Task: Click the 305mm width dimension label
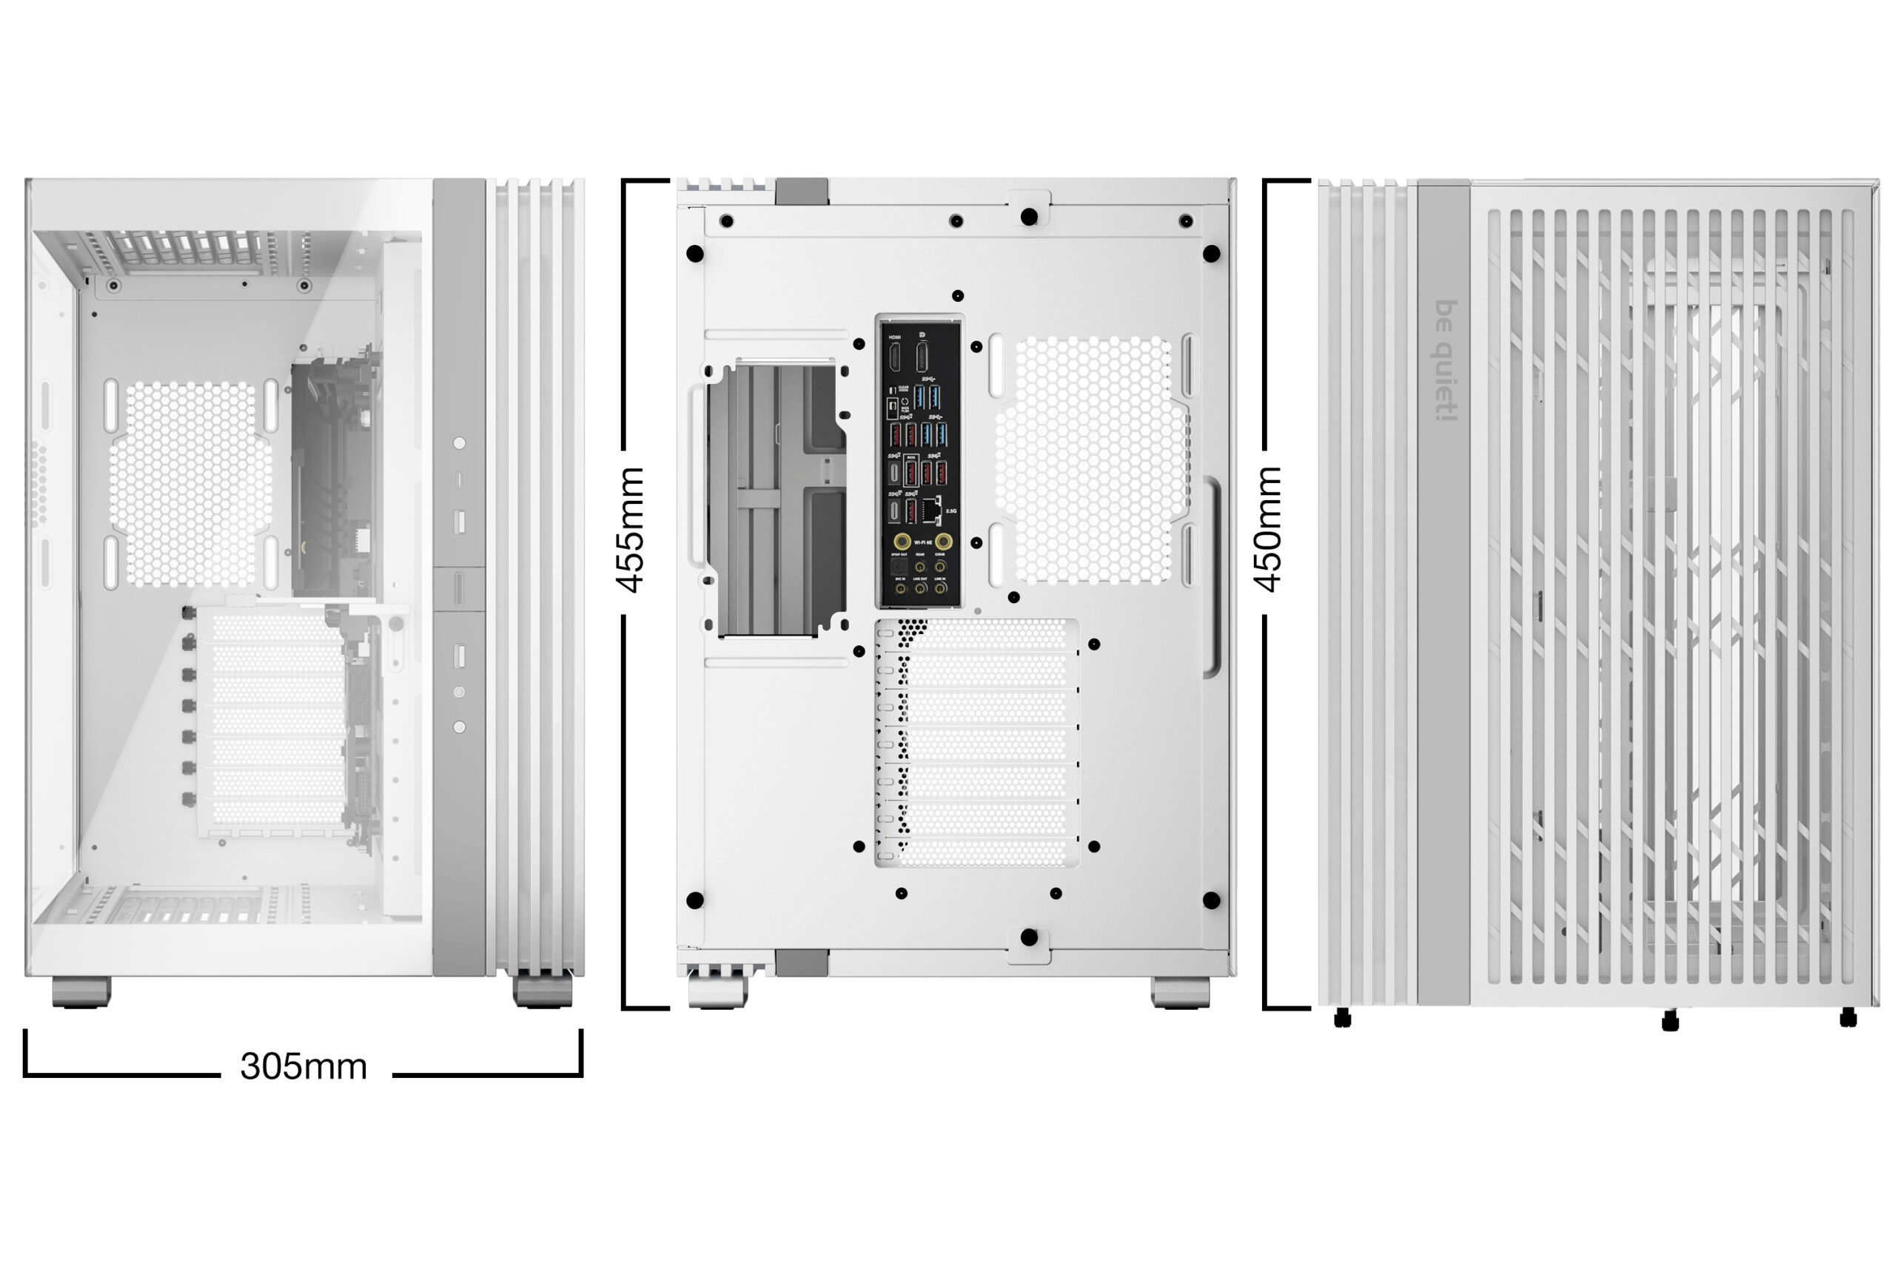pos(303,1066)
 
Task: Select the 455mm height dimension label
pos(631,529)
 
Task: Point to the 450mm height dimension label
pos(1268,529)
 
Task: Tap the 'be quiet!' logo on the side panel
pos(1446,360)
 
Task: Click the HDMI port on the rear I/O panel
pos(894,357)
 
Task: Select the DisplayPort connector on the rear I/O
pos(922,357)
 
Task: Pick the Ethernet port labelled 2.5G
pos(931,509)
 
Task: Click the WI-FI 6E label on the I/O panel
pos(922,542)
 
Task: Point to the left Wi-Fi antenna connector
pos(902,542)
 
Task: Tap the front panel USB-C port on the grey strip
pos(459,480)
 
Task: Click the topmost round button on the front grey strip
pos(459,443)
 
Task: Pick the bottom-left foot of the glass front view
pos(81,991)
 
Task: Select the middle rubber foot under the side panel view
pos(1670,1021)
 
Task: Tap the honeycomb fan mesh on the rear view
pos(1092,460)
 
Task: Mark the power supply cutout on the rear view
pos(777,500)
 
